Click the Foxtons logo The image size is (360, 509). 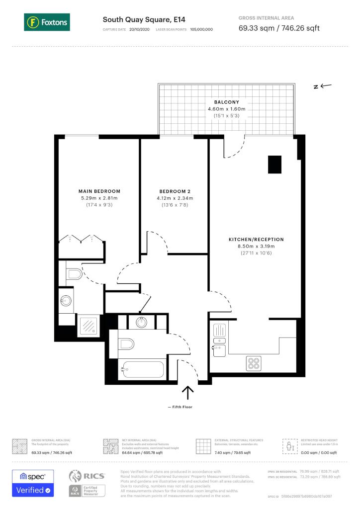[46, 22]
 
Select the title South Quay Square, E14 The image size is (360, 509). [137, 20]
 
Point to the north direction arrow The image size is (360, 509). [322, 86]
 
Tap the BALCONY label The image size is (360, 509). [226, 102]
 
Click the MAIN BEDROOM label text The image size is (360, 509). [99, 191]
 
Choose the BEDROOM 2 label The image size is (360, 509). [175, 191]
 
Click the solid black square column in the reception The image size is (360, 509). [274, 165]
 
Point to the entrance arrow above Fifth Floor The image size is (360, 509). [187, 393]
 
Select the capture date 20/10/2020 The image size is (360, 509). [139, 30]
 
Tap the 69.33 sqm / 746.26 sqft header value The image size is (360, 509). [279, 28]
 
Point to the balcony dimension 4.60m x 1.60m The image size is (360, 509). [226, 109]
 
